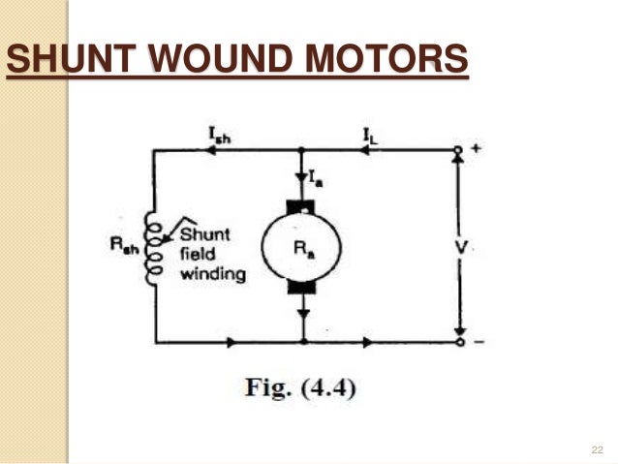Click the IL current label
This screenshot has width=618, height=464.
[371, 139]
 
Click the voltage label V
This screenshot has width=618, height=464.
[462, 247]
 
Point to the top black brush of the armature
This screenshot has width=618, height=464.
[304, 206]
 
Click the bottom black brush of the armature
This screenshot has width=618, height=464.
[304, 286]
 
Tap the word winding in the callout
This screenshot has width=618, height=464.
[215, 274]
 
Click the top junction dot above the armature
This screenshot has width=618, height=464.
[304, 151]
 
